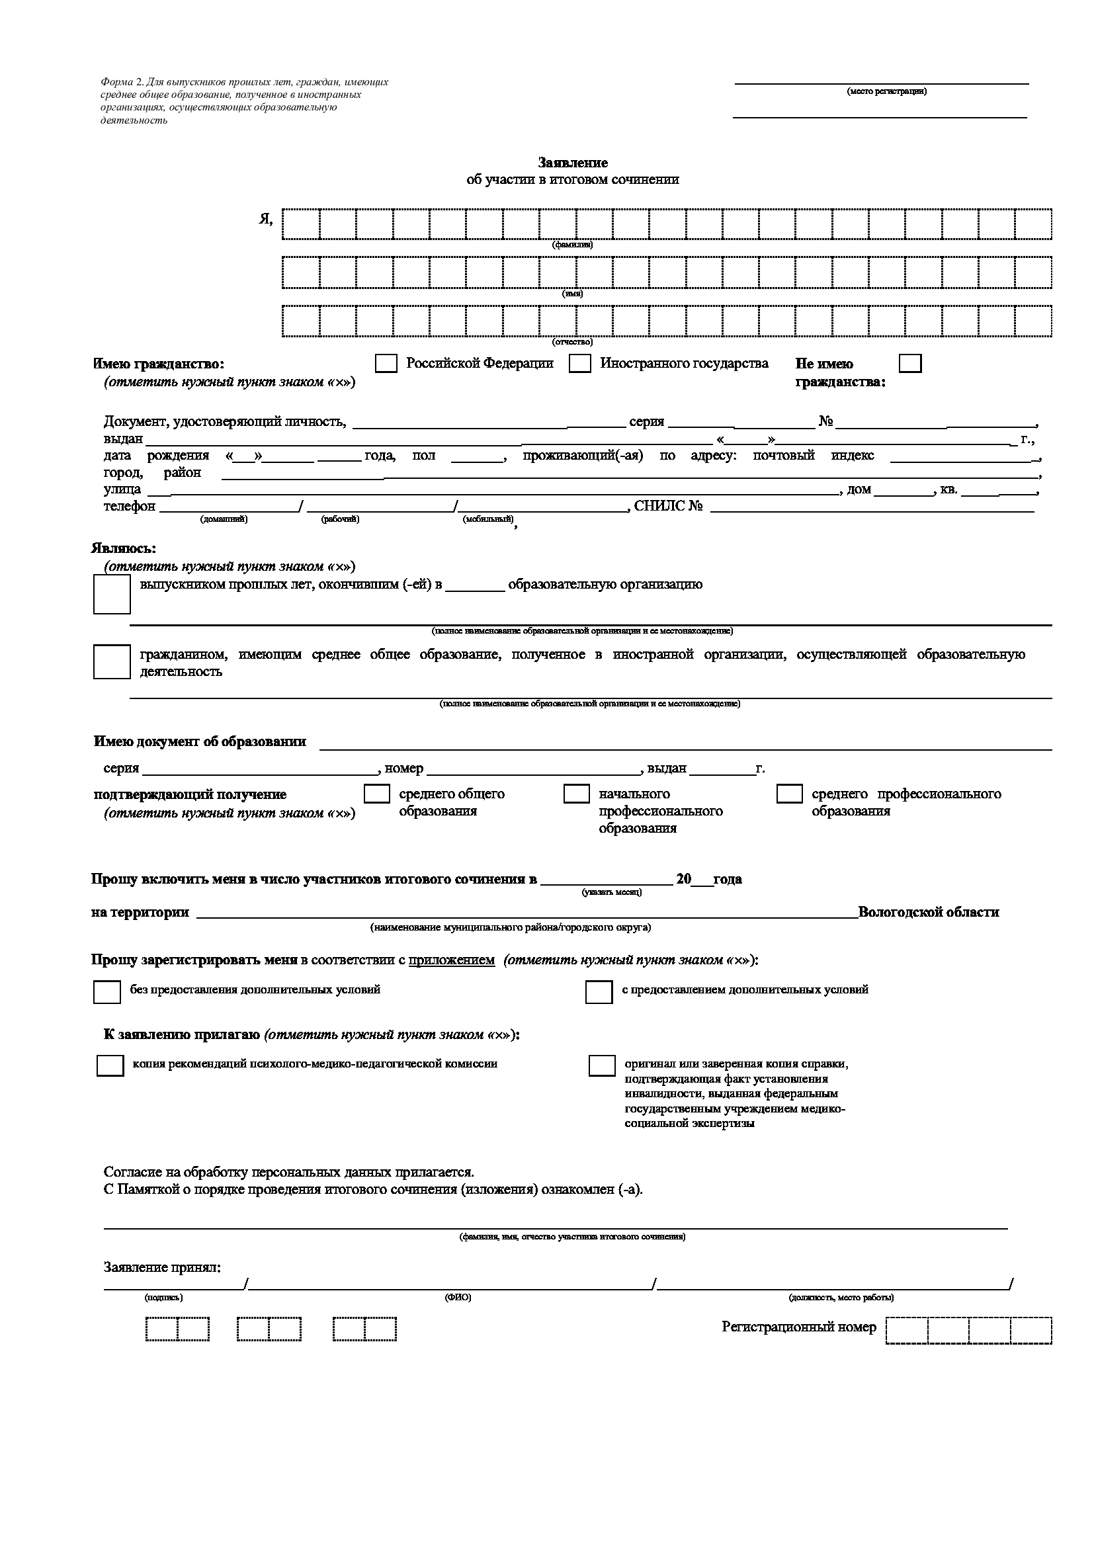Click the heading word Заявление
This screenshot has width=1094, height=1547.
(573, 163)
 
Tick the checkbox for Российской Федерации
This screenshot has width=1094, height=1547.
(386, 364)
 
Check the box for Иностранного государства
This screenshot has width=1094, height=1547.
(579, 364)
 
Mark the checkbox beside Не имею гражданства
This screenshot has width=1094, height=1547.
(910, 364)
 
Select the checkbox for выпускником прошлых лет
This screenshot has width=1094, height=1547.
(112, 595)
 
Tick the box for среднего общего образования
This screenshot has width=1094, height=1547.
(376, 794)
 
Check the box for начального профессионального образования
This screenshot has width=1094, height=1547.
(576, 794)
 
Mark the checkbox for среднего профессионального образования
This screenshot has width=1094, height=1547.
(789, 794)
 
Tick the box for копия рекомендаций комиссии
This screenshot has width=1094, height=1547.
(110, 1066)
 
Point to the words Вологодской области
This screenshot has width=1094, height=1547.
(928, 912)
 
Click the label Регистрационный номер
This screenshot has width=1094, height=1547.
(799, 1327)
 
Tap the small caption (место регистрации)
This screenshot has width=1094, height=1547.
(886, 92)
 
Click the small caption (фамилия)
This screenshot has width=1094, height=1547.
(573, 245)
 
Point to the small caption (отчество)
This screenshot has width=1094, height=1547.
(573, 343)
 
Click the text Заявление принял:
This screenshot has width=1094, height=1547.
(162, 1267)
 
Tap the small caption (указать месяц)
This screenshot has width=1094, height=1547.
(612, 893)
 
